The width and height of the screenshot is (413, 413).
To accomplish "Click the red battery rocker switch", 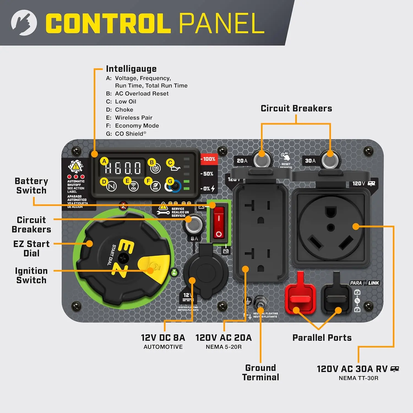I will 219,223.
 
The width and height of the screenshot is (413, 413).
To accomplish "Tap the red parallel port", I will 300,299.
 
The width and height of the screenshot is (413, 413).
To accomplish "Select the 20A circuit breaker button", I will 261,160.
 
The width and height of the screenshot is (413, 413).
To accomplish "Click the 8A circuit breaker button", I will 194,225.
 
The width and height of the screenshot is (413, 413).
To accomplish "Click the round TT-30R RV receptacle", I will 331,227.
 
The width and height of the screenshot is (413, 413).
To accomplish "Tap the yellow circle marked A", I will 104,161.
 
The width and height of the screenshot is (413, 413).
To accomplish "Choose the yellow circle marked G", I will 170,181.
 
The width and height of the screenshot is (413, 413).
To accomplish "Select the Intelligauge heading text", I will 131,69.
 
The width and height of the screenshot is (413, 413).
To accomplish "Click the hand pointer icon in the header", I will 24,23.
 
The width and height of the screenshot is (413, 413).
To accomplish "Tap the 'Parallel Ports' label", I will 322,338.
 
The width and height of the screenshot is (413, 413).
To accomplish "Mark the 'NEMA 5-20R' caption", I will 224,347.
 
